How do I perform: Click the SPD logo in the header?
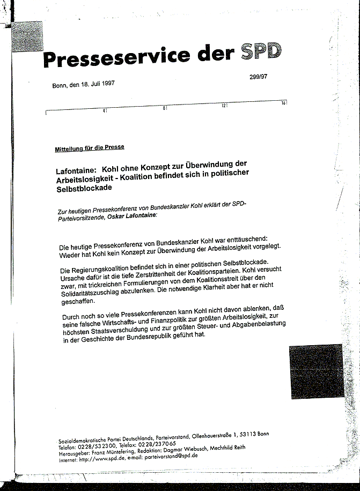pyautogui.click(x=261, y=51)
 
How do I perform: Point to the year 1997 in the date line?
pyautogui.click(x=105, y=84)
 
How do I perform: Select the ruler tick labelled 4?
pyautogui.click(x=105, y=110)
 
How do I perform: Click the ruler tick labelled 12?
pyautogui.click(x=224, y=106)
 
